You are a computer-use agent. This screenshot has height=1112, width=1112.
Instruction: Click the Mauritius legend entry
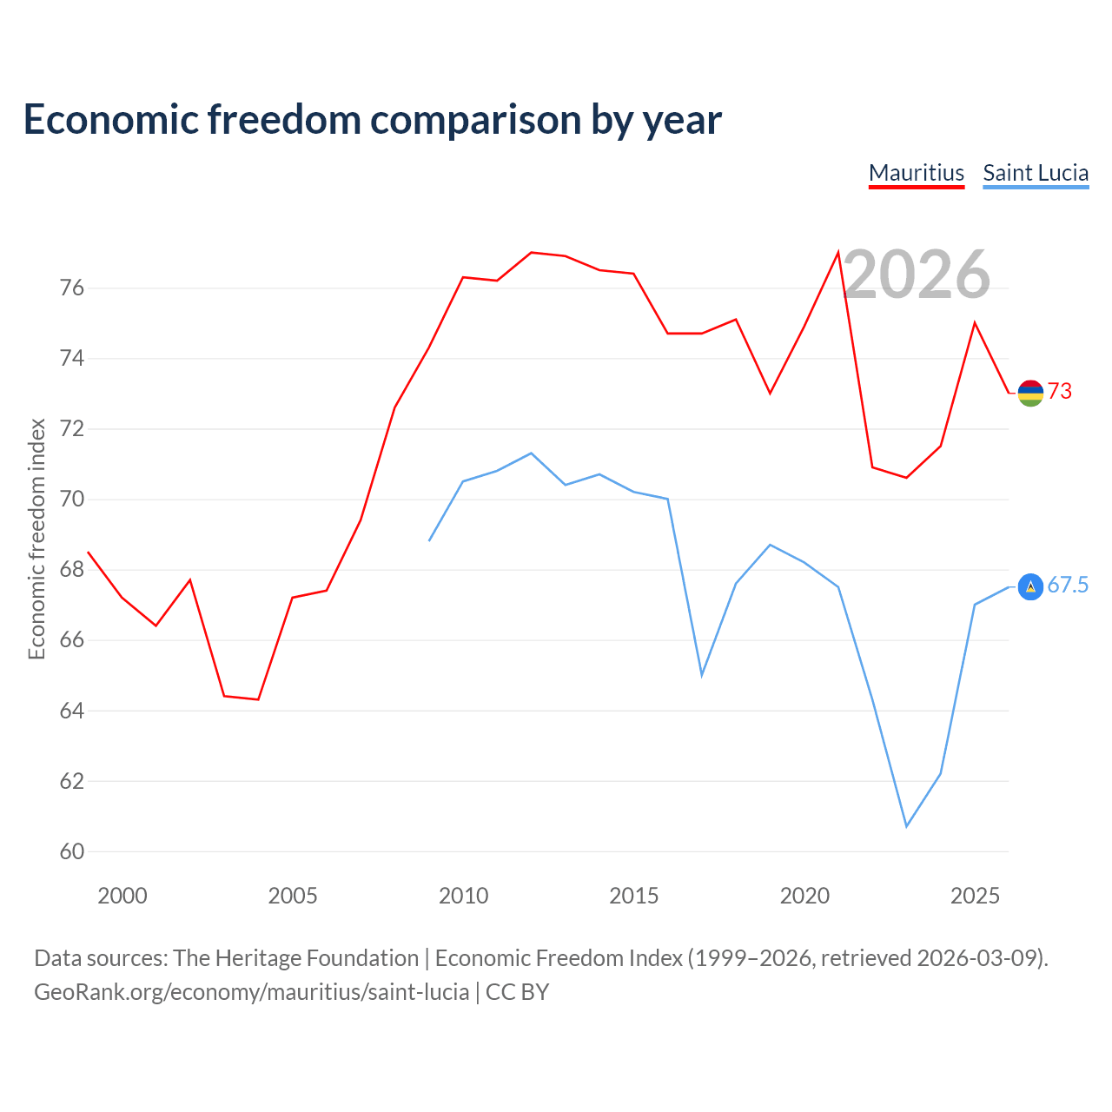[917, 174]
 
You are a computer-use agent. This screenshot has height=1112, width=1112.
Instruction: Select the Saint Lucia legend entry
[1036, 174]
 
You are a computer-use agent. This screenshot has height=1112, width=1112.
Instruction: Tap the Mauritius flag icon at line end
[1030, 393]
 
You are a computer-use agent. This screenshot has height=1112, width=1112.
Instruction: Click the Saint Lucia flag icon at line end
[1030, 587]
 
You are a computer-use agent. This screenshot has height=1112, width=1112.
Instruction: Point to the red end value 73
[1060, 391]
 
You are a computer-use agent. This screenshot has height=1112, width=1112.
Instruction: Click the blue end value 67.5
[1068, 586]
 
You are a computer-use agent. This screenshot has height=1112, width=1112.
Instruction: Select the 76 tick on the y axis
[71, 288]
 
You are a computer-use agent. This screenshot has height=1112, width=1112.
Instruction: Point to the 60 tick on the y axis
[71, 851]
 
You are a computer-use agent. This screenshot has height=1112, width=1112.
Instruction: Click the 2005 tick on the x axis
[293, 896]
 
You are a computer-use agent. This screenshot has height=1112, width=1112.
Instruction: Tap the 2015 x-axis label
[633, 896]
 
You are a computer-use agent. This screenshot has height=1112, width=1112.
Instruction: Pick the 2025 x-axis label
[975, 896]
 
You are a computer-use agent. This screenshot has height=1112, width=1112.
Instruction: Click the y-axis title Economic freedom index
[36, 539]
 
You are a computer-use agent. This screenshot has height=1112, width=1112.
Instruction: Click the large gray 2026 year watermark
[917, 275]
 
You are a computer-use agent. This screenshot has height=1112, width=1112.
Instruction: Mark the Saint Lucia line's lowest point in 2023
[907, 826]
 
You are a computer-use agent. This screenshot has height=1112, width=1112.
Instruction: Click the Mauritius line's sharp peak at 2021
[837, 253]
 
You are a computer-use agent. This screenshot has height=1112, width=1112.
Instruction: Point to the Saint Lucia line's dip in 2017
[702, 675]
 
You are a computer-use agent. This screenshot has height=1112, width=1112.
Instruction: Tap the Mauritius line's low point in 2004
[258, 699]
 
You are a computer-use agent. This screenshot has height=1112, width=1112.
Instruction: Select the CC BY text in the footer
[517, 992]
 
